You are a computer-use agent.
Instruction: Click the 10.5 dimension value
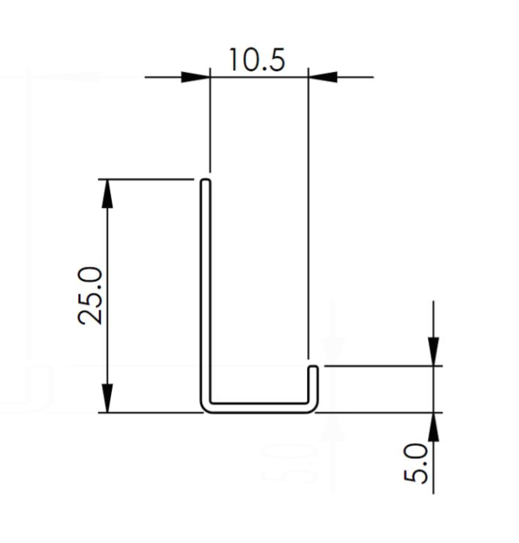pos(256,58)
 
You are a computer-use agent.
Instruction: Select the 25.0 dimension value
pos(92,295)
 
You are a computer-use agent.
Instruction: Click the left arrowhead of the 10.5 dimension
pos(195,76)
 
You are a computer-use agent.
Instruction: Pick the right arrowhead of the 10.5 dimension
pos(322,76)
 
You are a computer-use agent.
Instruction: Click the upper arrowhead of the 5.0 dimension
pos(433,352)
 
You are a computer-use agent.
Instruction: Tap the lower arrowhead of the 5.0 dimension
pos(433,426)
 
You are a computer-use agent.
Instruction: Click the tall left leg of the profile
pos(205,291)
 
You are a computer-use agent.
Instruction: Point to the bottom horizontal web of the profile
pos(259,407)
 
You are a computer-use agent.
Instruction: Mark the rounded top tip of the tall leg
pos(205,182)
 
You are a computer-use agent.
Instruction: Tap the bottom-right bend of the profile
pos(311,406)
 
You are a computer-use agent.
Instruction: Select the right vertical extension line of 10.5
pos(308,214)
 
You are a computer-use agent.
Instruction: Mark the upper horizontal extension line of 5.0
pos(383,366)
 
